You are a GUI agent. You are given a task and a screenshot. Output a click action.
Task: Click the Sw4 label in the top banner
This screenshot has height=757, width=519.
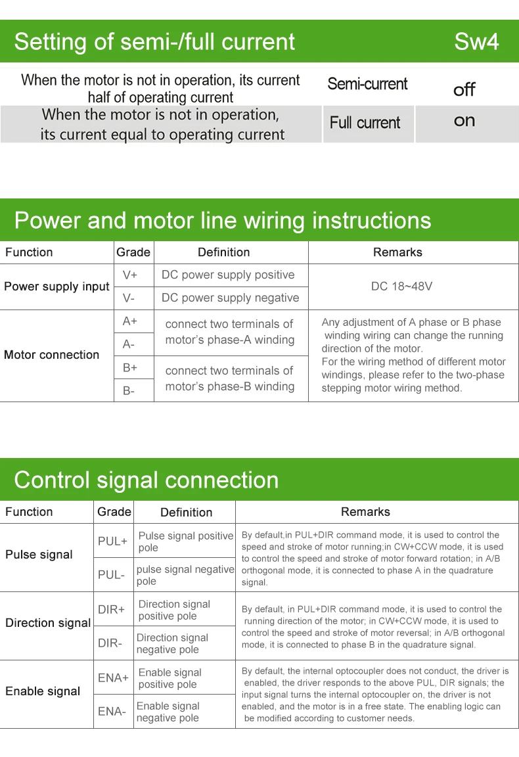click(x=476, y=42)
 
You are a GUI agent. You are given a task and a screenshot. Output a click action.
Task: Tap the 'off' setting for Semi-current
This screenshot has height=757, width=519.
click(x=464, y=89)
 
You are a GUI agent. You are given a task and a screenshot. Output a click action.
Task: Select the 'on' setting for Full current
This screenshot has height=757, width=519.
click(x=464, y=121)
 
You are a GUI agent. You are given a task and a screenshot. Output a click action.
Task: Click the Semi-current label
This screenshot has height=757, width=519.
click(x=367, y=84)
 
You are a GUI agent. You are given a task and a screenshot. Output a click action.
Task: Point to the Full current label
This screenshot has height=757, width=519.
click(x=365, y=123)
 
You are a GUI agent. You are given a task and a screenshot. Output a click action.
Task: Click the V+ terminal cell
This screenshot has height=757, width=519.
click(x=130, y=275)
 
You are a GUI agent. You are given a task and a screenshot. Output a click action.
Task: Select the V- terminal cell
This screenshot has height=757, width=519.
click(x=129, y=298)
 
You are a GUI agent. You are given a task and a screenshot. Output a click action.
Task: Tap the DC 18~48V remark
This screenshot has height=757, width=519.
click(x=401, y=287)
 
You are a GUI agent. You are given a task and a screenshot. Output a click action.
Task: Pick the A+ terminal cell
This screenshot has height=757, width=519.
click(x=130, y=321)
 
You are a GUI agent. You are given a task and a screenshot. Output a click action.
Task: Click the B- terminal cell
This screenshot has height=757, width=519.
click(x=129, y=390)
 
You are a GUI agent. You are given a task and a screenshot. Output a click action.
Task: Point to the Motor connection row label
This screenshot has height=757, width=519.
click(x=51, y=355)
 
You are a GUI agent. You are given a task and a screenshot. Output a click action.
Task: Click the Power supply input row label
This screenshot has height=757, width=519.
click(x=56, y=287)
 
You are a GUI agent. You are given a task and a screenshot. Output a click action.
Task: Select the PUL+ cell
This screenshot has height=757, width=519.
click(x=112, y=541)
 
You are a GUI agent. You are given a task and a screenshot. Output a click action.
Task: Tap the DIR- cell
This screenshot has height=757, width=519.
click(x=110, y=643)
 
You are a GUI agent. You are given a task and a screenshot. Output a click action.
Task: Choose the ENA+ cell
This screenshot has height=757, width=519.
click(x=113, y=677)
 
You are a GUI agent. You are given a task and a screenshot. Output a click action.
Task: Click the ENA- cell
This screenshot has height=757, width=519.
click(x=112, y=711)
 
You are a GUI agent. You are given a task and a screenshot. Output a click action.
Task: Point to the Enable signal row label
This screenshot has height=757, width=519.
click(x=43, y=691)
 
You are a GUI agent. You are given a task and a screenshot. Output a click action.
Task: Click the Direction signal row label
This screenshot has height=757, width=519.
click(x=48, y=623)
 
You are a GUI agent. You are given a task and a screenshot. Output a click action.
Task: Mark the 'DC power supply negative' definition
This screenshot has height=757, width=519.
click(x=230, y=298)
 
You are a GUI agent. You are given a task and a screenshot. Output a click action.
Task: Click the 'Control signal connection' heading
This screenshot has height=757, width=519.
click(x=146, y=480)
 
